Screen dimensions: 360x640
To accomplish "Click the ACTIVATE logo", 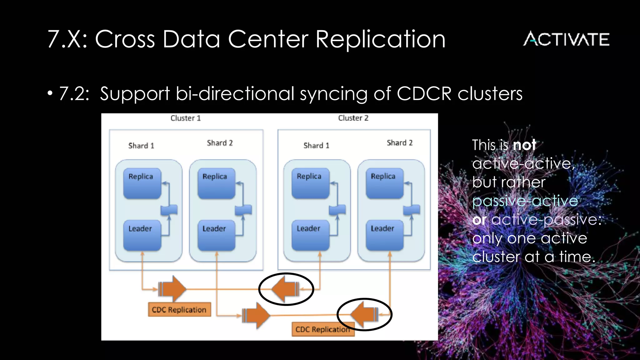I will coord(566,39).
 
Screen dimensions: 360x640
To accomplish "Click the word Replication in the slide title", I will coord(380,39).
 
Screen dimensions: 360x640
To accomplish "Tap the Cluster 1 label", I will coord(186,118).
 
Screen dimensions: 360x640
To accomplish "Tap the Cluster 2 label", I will coord(353,118).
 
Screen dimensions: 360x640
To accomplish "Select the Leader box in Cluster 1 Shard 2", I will coord(216,235).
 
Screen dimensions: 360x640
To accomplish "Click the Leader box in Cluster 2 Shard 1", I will coord(310,235).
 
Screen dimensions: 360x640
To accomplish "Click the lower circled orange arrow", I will coord(364,314).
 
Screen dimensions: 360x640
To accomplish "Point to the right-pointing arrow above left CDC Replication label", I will coord(172,288).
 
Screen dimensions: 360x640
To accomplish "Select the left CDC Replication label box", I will coord(179,310).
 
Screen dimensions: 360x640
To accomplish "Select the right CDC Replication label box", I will coord(323,329).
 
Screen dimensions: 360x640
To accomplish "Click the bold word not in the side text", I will coord(524,145).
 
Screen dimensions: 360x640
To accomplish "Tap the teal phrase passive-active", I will coord(525,201).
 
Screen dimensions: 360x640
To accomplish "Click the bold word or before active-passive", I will coord(479,220).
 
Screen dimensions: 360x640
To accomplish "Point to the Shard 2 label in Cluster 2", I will coord(399,143).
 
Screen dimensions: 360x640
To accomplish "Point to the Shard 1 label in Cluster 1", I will coord(141,146).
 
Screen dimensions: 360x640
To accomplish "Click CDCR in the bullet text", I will coord(424,93).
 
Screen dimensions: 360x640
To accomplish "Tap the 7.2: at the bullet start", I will coord(74,93).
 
